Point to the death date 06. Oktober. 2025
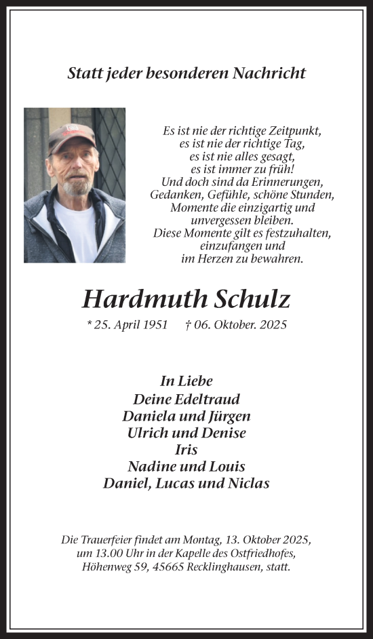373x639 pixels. (x=236, y=325)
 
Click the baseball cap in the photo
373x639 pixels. (x=71, y=136)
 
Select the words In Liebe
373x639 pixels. (x=186, y=381)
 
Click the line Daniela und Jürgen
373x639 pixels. (x=186, y=416)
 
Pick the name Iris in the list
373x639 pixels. (x=186, y=449)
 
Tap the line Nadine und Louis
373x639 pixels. (x=186, y=466)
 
